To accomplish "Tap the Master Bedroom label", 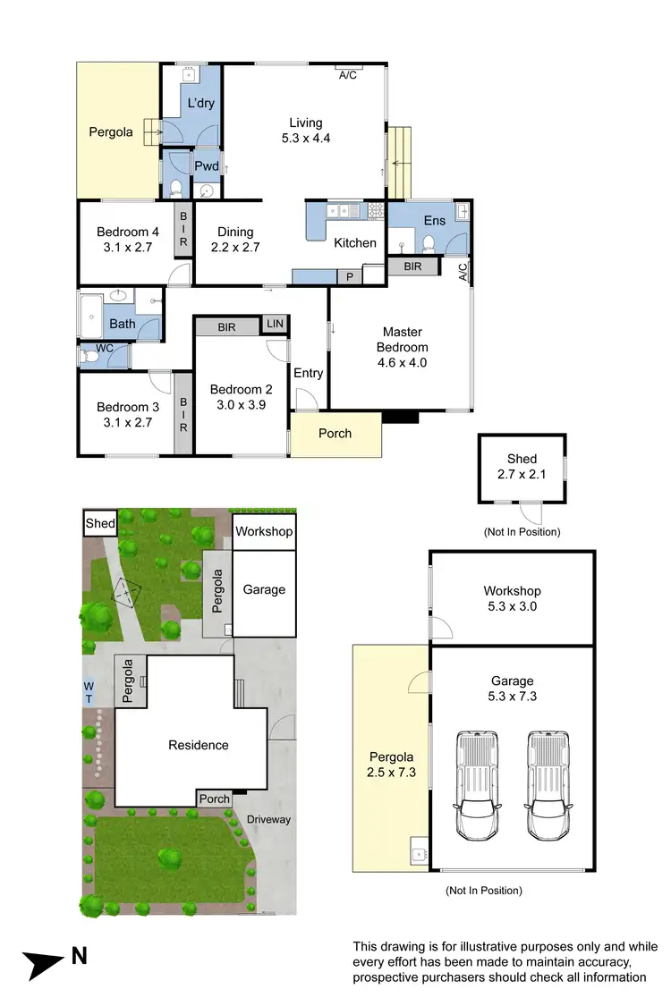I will pyautogui.click(x=401, y=348).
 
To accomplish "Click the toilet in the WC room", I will pyautogui.click(x=90, y=356).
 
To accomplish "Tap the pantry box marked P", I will pyautogui.click(x=350, y=277).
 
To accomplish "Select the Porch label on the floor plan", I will pyautogui.click(x=335, y=434).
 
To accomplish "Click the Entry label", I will pyautogui.click(x=308, y=373).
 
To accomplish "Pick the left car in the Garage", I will pyautogui.click(x=477, y=785).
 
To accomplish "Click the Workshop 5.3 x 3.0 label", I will pyautogui.click(x=512, y=598).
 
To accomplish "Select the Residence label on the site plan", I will pyautogui.click(x=199, y=745).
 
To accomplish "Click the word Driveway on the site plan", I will pyautogui.click(x=269, y=819).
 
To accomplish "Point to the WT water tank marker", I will pyautogui.click(x=89, y=692).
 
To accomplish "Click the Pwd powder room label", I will pyautogui.click(x=207, y=165).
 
